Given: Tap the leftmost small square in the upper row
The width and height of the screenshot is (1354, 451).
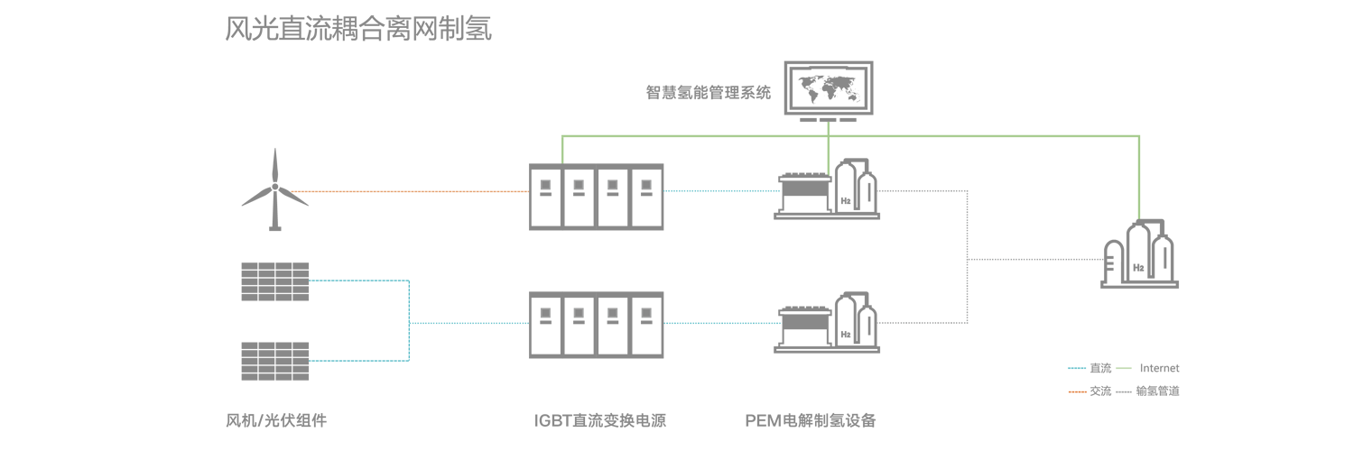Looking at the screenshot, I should coord(545,184).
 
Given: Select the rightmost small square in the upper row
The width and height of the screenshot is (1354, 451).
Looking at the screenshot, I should coord(646,184).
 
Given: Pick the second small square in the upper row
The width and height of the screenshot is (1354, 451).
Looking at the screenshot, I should coord(579,184).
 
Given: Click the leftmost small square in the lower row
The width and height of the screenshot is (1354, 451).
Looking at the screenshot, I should coord(545,312).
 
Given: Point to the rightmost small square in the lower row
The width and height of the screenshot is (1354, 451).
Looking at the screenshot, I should coord(646,312).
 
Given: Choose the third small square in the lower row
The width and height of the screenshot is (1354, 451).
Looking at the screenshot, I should coord(613,312).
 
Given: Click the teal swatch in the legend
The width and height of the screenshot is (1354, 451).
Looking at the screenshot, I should coord(1076,371).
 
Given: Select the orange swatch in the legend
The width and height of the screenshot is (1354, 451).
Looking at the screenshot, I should coord(1076,388).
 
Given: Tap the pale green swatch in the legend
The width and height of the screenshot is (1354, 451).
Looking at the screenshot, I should coord(1124,370).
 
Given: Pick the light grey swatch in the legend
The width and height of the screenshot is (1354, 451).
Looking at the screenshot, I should coord(1124,388).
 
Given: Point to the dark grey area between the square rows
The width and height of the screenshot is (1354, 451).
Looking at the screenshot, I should coord(596,248).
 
